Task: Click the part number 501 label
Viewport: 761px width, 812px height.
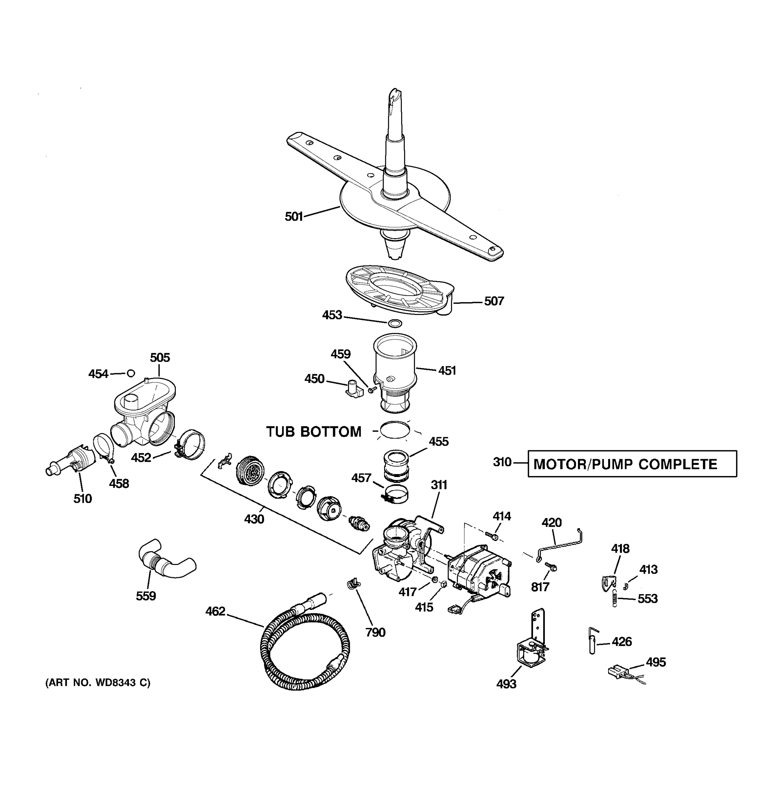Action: tap(294, 217)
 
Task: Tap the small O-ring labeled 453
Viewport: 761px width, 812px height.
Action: tap(394, 323)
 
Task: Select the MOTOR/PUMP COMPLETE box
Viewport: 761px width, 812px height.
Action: tap(632, 464)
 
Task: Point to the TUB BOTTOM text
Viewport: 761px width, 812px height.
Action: tap(314, 432)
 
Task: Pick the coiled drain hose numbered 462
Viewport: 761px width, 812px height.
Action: tap(304, 650)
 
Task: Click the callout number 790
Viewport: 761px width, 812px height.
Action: tap(375, 633)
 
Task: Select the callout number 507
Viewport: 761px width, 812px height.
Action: tap(494, 301)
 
